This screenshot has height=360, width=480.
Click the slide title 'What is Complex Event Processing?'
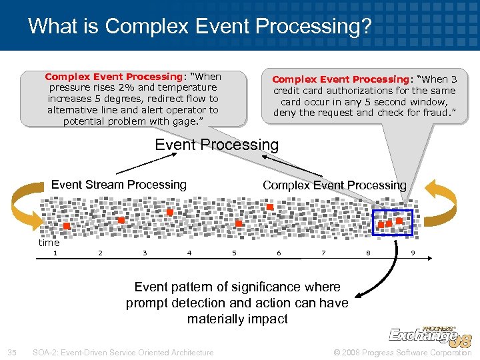pos(199,26)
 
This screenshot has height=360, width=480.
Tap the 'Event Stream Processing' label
pos(119,185)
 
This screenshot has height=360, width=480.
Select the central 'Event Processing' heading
pos(217,145)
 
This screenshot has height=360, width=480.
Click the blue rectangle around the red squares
pos(393,223)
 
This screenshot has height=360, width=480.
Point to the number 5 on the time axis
pos(234,253)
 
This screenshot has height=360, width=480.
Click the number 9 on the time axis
pos(413,253)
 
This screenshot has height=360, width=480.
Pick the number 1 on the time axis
pos(55,253)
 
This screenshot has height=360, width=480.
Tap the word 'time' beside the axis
pos(49,243)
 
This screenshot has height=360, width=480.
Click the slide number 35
pos(11,352)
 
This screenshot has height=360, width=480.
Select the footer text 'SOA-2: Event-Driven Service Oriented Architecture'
pos(123,352)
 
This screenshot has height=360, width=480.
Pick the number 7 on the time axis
pos(323,253)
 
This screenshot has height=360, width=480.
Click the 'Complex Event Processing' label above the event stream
pos(334,185)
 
